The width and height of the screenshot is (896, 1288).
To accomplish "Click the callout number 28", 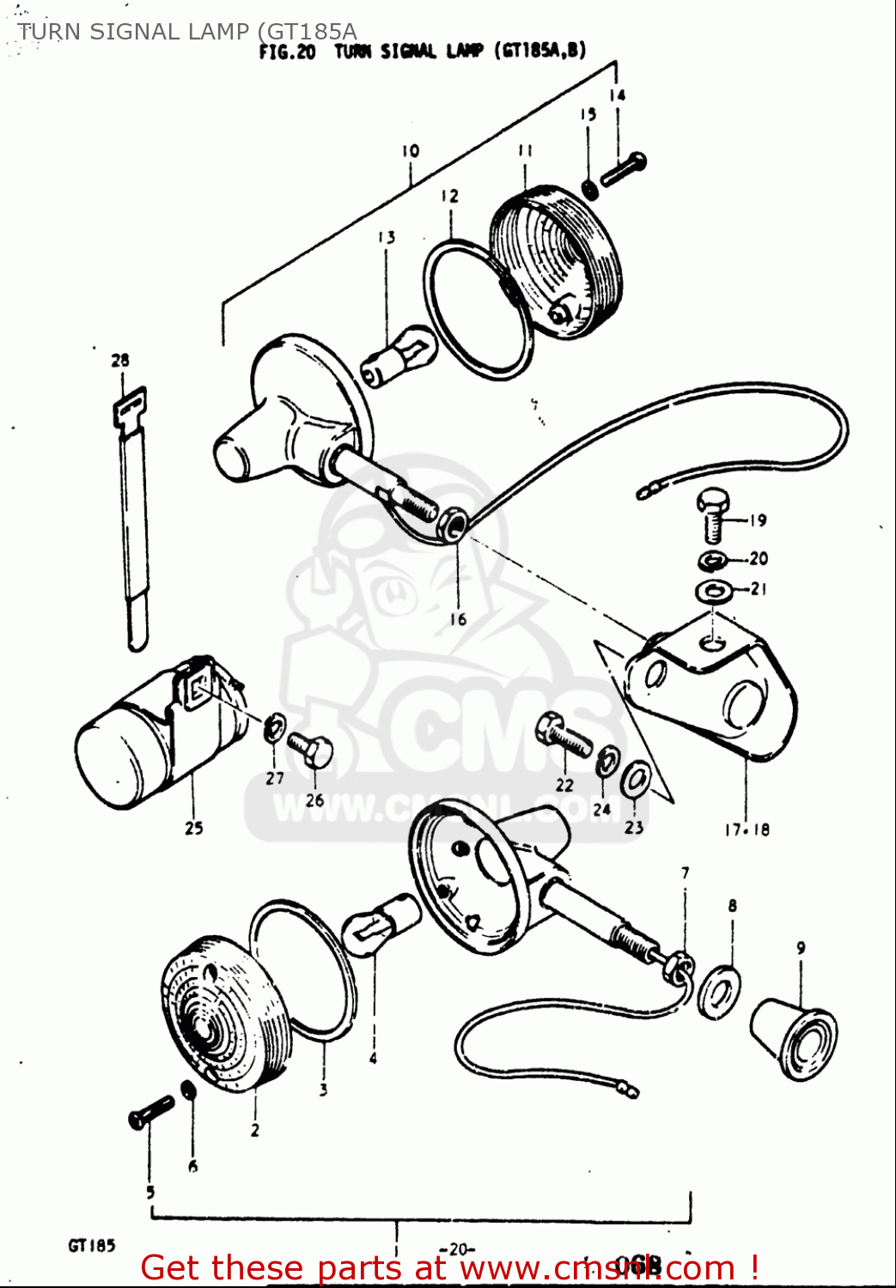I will [119, 361].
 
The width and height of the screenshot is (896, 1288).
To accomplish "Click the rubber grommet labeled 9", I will [793, 1037].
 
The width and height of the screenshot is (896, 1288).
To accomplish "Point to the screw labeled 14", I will [624, 169].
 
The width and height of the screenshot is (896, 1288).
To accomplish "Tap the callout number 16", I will [458, 619].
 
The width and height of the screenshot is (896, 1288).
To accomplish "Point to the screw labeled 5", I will [150, 1112].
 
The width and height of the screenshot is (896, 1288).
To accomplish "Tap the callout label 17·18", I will [747, 829].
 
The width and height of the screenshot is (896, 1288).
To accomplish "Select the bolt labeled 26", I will [312, 750].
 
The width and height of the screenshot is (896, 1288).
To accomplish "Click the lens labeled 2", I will [222, 1013].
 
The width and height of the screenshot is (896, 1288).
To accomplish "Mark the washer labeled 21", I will [713, 591].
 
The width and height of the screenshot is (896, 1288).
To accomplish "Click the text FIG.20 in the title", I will [288, 52].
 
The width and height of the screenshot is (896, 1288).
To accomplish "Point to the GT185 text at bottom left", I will [91, 1245].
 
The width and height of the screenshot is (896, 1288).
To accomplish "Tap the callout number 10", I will [410, 151].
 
